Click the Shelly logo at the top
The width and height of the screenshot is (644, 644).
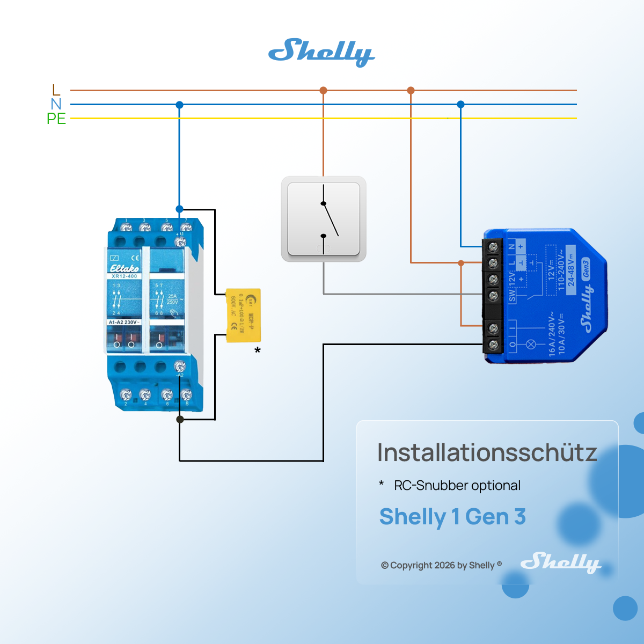point(321,53)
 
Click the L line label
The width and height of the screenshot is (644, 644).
point(56,90)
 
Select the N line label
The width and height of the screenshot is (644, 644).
point(56,104)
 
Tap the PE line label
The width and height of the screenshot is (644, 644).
point(56,119)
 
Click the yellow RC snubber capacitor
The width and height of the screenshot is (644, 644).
point(243,315)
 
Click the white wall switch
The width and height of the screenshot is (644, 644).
point(324,219)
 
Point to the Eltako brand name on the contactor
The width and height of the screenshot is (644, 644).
point(124,268)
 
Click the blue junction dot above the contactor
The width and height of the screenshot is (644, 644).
point(179,209)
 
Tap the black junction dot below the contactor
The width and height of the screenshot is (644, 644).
point(180,419)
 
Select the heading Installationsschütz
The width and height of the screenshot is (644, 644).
point(487,452)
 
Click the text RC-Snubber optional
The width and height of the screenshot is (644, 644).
point(457,486)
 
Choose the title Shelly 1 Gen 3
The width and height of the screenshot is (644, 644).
point(452,517)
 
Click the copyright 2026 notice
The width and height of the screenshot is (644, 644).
point(441,565)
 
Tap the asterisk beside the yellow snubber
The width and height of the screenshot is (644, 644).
point(258,351)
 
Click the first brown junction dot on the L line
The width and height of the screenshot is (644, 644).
point(323,90)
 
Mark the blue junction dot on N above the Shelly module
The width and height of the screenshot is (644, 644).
point(460,104)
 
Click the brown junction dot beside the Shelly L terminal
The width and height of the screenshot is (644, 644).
point(461,262)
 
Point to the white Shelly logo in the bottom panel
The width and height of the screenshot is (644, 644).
point(560,562)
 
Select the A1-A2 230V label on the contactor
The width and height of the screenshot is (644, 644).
point(124,322)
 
